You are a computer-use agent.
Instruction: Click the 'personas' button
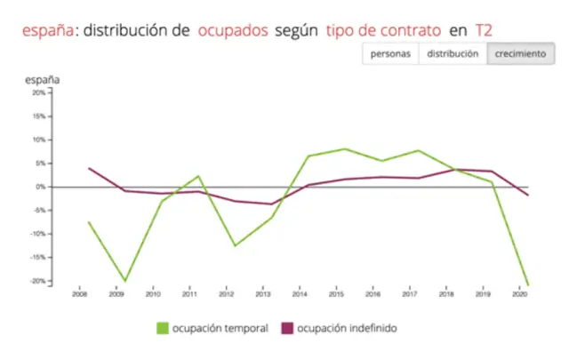click(x=389, y=53)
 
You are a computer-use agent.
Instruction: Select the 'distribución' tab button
click(x=453, y=53)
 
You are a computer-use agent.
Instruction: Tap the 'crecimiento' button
click(x=520, y=53)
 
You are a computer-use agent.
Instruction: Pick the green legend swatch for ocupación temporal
click(x=163, y=328)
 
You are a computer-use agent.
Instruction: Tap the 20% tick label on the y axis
click(x=38, y=92)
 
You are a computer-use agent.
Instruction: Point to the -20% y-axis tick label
click(x=36, y=281)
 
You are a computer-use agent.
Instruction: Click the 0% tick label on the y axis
click(x=40, y=187)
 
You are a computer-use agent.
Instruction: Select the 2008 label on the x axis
click(x=80, y=293)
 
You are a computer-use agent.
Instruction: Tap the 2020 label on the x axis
click(x=521, y=293)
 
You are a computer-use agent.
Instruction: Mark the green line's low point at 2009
click(x=124, y=281)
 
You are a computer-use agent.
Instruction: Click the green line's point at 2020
click(x=527, y=285)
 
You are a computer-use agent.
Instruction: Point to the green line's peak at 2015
click(x=345, y=148)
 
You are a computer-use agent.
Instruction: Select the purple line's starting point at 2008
click(x=88, y=168)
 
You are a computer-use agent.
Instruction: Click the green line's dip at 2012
click(x=235, y=245)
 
